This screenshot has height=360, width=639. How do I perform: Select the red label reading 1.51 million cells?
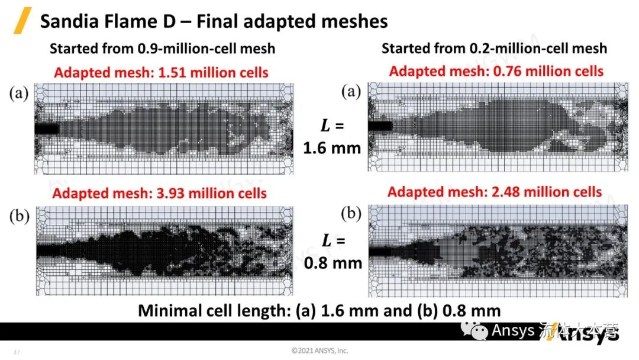coord(161,73)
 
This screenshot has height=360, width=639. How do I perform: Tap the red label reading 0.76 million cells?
coord(496,72)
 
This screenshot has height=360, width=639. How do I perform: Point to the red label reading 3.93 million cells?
coord(159,193)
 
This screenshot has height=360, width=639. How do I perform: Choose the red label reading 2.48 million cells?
coord(495,192)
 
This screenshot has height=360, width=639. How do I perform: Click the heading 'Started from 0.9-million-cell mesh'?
coord(162,49)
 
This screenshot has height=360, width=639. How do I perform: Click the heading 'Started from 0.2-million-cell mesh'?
coord(494,48)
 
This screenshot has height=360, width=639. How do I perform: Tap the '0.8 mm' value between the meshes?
coord(333,262)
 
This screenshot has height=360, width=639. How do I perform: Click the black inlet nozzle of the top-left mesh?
coord(46,128)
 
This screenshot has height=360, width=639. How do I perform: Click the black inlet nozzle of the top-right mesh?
coord(380,126)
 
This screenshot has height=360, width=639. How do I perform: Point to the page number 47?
coord(16,353)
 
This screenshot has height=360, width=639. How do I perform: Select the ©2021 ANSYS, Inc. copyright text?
coord(319,351)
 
